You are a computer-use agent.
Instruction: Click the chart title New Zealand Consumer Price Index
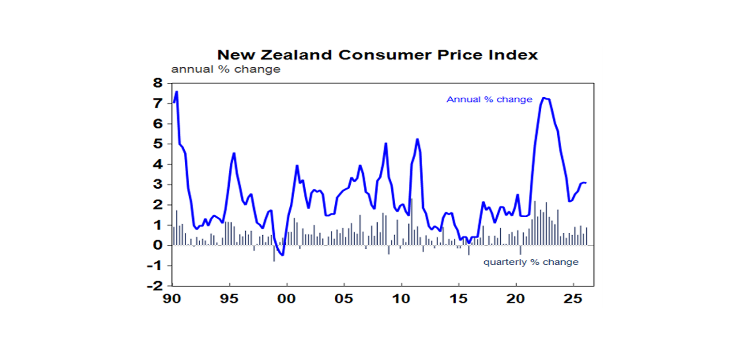click(377, 55)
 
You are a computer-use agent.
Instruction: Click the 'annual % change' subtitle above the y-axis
click(225, 69)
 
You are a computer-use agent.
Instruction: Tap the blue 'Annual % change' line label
click(489, 100)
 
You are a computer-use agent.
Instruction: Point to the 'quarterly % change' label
click(531, 262)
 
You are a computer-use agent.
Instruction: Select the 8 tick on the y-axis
click(159, 83)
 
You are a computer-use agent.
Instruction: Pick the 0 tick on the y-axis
click(159, 245)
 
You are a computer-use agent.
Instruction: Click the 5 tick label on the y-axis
click(159, 144)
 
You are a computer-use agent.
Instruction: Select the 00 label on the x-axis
click(287, 297)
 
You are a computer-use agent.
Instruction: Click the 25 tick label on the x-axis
click(573, 297)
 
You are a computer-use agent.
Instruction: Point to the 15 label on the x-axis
click(459, 297)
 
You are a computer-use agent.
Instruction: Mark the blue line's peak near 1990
click(177, 91)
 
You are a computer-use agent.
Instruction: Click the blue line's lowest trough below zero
click(282, 255)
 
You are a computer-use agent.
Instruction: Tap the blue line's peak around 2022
click(544, 98)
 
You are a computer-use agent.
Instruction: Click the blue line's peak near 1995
click(234, 153)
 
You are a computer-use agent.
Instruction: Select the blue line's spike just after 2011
click(417, 139)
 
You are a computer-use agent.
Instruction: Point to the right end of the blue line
click(586, 183)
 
